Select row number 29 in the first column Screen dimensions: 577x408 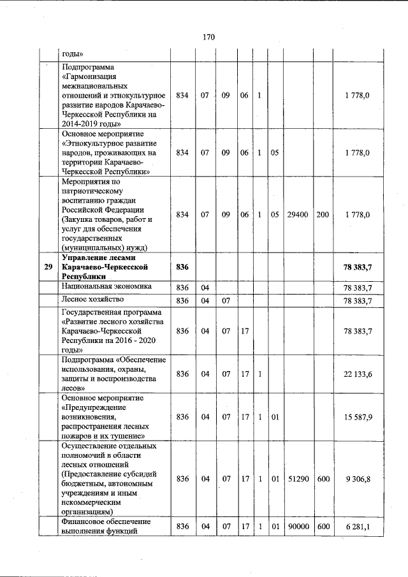tap(48, 267)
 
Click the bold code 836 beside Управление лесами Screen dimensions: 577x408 tap(183, 267)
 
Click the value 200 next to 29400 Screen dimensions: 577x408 tap(323, 215)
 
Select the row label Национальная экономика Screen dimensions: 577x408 tap(106, 287)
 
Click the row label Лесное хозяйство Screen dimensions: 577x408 tap(92, 299)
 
